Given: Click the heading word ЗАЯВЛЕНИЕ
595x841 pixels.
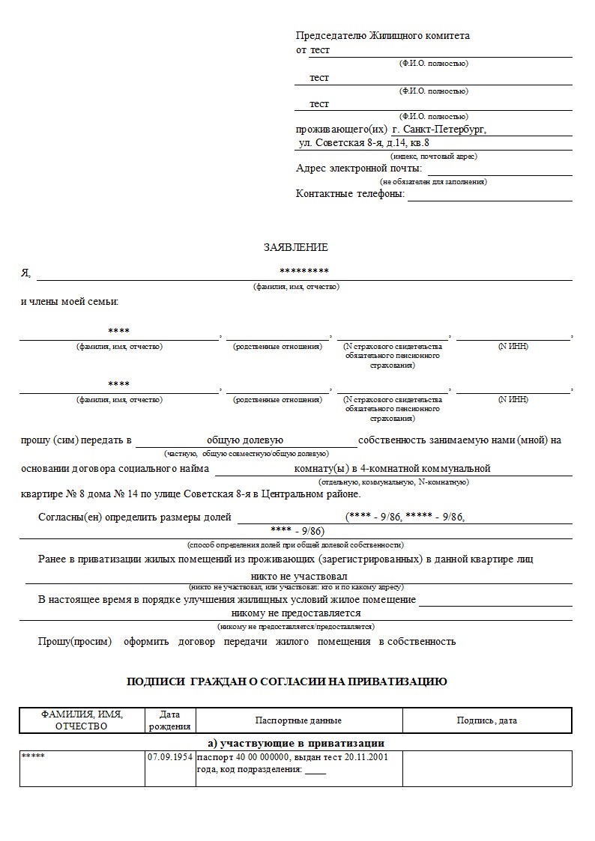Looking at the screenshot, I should pos(295,247).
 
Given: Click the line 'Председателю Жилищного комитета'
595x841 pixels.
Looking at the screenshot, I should pos(383,35).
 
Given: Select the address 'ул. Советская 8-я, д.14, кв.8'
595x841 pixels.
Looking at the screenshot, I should pos(364,142).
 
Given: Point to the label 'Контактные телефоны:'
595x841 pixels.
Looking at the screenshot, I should pos(350,193).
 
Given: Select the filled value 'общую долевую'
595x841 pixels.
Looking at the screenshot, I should pos(245,440).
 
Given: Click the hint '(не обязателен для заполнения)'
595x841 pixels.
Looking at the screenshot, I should pos(434,181).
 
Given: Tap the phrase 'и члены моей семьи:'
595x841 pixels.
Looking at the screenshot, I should pos(70,301).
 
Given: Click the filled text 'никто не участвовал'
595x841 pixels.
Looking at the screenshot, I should pos(300,577).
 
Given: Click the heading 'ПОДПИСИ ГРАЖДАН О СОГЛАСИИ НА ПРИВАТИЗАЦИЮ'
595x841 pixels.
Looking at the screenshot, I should pos(287,681).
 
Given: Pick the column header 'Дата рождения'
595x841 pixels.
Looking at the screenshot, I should pos(169,720).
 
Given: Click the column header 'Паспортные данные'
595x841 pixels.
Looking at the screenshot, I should pos(298,720).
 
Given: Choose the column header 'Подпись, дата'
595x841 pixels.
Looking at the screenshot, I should pos(487,720).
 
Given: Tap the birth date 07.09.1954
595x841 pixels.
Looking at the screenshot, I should pos(169,757).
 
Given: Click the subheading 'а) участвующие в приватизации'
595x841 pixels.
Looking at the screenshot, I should pos(296,743).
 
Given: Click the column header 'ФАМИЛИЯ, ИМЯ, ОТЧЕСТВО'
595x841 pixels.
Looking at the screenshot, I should pos(82,720).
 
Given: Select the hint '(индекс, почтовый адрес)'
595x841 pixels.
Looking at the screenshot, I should pos(434,156).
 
